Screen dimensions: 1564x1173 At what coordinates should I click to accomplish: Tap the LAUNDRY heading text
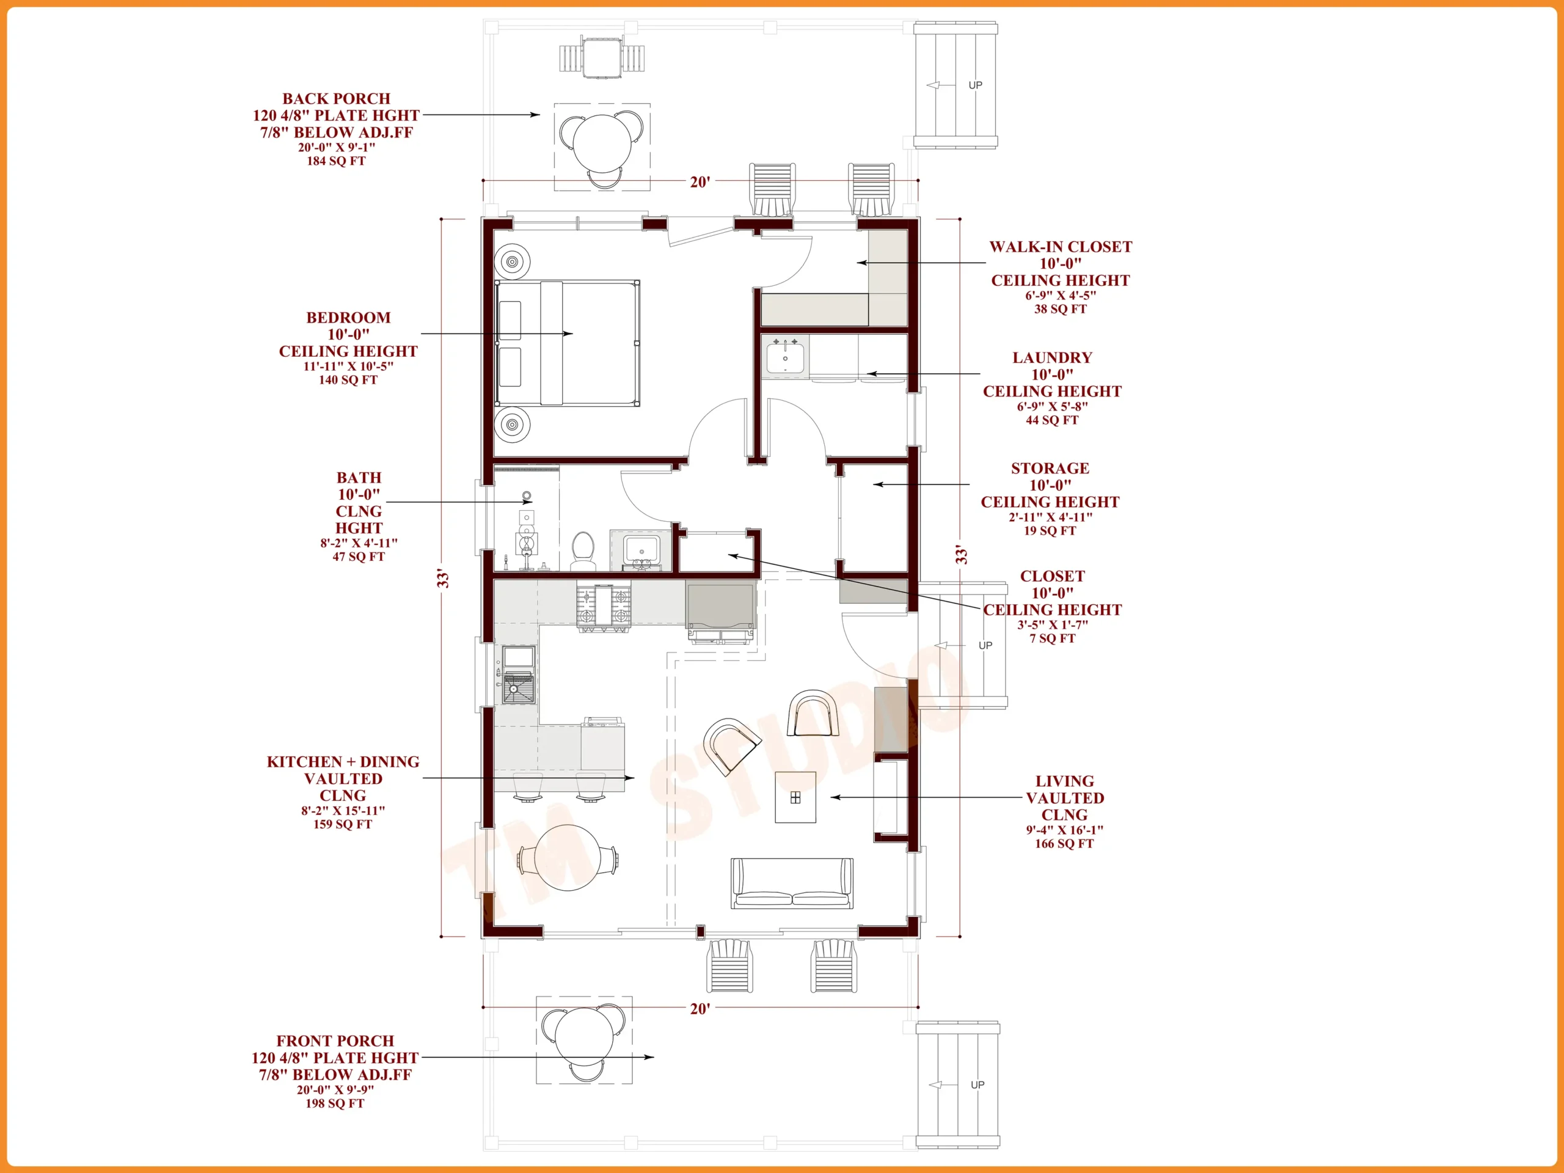(x=1052, y=358)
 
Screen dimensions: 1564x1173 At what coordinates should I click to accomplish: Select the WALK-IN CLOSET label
(x=1060, y=247)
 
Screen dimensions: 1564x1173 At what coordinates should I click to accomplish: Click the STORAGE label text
(x=1050, y=468)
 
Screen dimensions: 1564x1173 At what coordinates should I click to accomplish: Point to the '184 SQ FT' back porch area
(x=336, y=161)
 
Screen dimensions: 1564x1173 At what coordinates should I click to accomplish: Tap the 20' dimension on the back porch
(x=700, y=181)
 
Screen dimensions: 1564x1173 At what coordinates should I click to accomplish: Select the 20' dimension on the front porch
(x=700, y=1009)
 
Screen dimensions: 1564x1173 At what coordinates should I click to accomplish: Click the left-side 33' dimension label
(x=442, y=578)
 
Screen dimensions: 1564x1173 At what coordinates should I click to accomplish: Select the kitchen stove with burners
(x=603, y=607)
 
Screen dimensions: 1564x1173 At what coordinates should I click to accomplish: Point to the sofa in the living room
(x=792, y=883)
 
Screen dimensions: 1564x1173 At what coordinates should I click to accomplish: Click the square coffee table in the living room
(x=795, y=797)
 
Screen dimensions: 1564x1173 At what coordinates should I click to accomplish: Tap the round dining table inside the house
(x=568, y=858)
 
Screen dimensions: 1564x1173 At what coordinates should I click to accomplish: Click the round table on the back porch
(x=602, y=143)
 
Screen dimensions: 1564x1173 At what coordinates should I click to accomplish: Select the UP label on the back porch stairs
(x=975, y=85)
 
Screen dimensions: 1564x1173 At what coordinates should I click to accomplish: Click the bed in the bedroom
(x=567, y=343)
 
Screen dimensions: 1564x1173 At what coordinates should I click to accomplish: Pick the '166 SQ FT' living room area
(x=1064, y=844)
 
